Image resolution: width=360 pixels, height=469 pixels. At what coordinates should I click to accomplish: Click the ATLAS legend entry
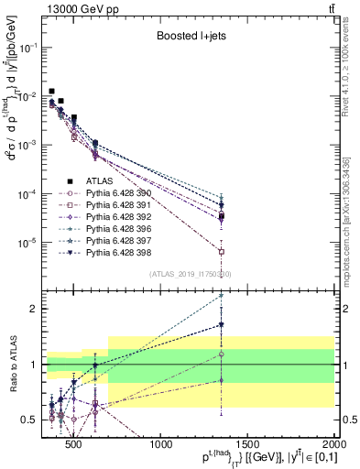(x=98, y=180)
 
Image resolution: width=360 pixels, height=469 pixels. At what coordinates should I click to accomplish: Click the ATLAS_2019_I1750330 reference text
(x=190, y=273)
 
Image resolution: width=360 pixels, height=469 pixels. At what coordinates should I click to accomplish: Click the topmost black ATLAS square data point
(x=52, y=92)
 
